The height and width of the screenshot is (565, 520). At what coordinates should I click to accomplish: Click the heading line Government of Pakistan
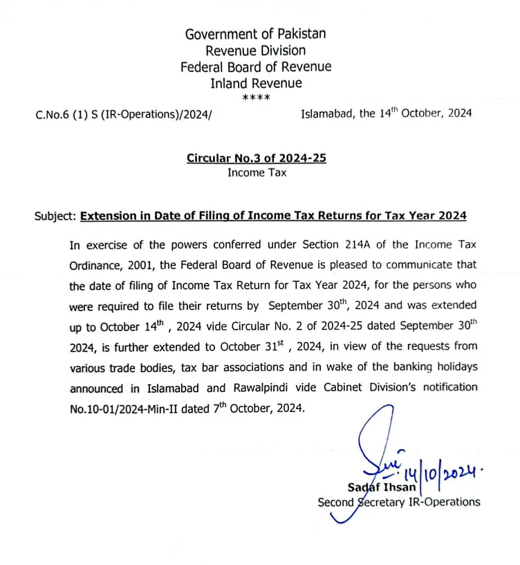pyautogui.click(x=255, y=33)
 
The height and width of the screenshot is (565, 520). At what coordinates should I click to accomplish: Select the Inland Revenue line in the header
pyautogui.click(x=256, y=83)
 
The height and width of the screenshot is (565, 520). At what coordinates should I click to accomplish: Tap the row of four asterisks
pyautogui.click(x=256, y=98)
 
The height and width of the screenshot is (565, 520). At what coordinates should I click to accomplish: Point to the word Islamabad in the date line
pyautogui.click(x=328, y=114)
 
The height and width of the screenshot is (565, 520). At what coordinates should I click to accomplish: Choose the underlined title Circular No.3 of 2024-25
pyautogui.click(x=256, y=159)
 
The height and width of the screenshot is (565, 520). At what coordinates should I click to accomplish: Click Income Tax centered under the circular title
pyautogui.click(x=256, y=172)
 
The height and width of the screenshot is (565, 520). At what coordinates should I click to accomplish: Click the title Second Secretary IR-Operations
pyautogui.click(x=398, y=502)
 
